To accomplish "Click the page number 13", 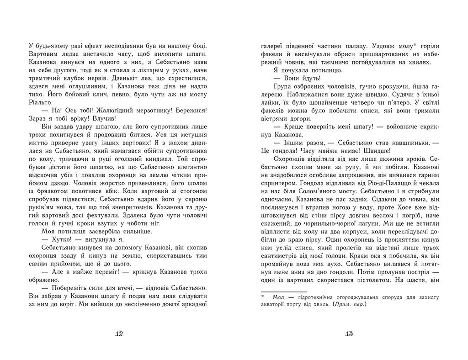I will point(349,334).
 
